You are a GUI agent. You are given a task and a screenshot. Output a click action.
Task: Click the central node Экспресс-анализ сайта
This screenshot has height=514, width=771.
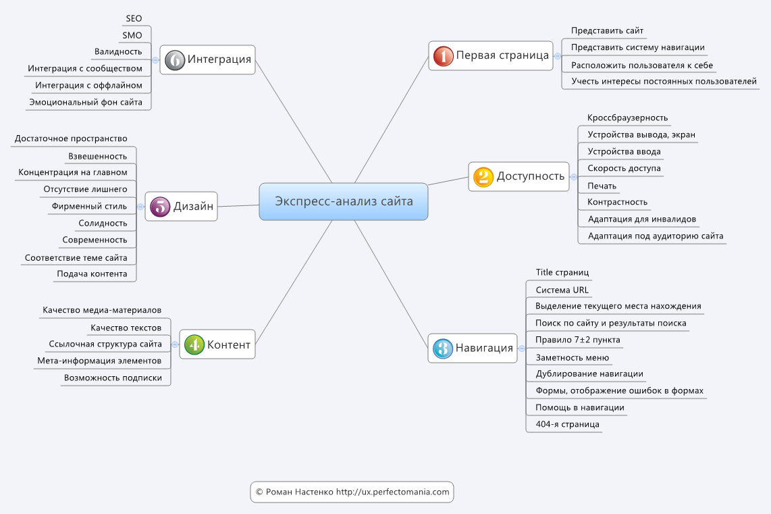pos(343,202)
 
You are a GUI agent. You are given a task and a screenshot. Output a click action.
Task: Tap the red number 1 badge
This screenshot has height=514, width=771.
pos(443,56)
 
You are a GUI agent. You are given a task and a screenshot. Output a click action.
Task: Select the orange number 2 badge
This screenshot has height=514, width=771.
pos(483,176)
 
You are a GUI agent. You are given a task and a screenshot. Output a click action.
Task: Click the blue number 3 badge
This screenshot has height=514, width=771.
pos(442,349)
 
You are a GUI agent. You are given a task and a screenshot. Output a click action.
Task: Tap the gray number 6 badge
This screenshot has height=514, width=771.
pos(175,60)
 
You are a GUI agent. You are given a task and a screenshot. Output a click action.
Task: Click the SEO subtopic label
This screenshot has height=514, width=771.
pos(134,19)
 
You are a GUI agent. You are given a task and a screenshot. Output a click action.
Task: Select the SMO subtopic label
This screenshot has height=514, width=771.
pos(132,35)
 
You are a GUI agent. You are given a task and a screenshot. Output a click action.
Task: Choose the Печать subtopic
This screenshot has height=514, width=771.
pos(602,186)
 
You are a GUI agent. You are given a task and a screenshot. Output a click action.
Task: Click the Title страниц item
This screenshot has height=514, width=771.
pos(562,272)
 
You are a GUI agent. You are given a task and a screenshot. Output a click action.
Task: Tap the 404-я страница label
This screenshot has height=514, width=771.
pos(567,424)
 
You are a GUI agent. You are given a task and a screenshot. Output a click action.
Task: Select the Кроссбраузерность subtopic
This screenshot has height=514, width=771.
pos(627,118)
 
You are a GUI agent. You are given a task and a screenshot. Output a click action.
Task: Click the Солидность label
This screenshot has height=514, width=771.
pos(103,224)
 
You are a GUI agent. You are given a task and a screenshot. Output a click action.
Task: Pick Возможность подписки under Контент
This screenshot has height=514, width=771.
pos(113,378)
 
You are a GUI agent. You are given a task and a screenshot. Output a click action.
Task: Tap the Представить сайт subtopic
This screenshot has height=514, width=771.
pos(607,30)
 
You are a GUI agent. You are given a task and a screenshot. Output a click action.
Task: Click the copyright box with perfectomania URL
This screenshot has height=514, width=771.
pos(352,492)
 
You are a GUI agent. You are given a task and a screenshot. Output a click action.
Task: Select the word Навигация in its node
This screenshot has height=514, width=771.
pos(484,349)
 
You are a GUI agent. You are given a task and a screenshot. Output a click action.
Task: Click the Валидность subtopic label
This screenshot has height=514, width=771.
pos(118,51)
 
